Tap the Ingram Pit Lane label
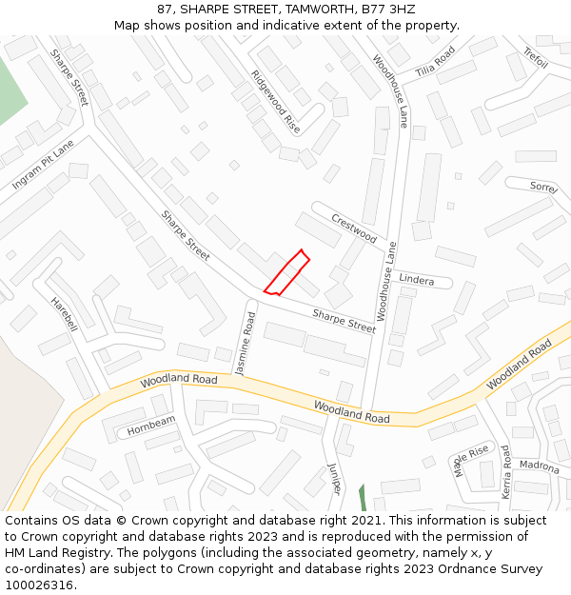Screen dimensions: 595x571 tap(43, 165)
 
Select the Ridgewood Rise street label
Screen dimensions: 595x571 tap(275, 101)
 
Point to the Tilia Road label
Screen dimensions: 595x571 tap(436, 69)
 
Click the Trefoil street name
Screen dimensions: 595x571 tap(536, 58)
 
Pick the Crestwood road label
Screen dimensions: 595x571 tap(354, 228)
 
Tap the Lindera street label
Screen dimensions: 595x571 tap(416, 280)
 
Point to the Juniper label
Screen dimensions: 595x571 tap(334, 477)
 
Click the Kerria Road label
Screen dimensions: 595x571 tap(506, 473)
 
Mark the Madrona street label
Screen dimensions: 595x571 tap(539, 466)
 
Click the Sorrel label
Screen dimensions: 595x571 tap(543, 187)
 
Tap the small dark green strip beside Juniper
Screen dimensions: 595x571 tap(362, 497)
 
